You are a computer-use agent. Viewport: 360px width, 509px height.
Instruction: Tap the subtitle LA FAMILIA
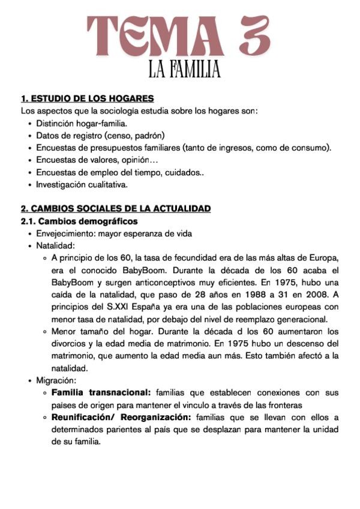coord(185,70)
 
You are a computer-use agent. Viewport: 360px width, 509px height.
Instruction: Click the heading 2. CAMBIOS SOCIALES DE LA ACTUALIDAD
coord(116,209)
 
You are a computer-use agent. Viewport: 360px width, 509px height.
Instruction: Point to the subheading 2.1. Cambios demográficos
coord(79,221)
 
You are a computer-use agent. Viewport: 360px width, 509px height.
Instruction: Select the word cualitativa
coord(107,185)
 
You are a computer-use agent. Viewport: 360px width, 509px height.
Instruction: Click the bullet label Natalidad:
coord(56,245)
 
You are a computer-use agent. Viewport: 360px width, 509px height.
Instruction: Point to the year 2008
coord(311,294)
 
